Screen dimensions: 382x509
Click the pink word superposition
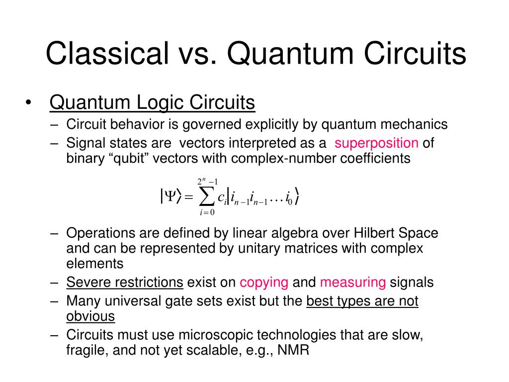(376, 143)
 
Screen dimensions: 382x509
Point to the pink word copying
(264, 283)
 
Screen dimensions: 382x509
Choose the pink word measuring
(353, 283)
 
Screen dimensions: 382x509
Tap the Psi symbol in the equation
(171, 197)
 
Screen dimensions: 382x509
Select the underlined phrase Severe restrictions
(125, 283)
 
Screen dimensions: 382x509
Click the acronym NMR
(293, 350)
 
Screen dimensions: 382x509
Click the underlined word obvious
(90, 316)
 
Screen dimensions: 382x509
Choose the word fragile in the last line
(86, 350)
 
